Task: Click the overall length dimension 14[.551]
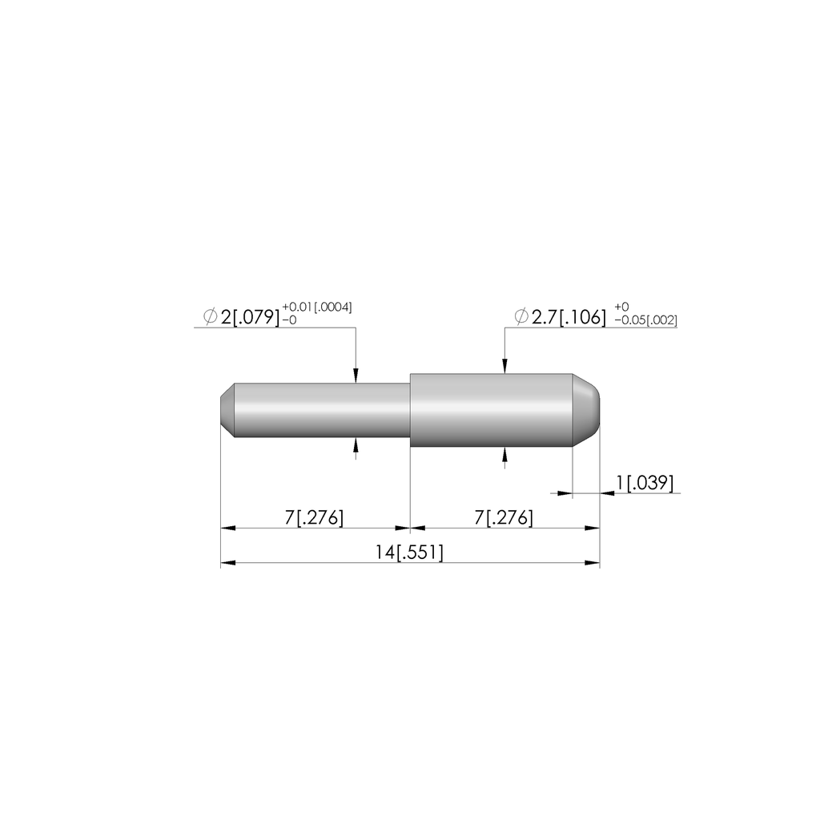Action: (409, 553)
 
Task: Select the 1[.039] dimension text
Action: (645, 483)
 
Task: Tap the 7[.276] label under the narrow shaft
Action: (314, 518)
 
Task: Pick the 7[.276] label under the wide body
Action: (504, 518)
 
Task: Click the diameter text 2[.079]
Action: (250, 317)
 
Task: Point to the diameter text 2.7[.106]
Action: (569, 317)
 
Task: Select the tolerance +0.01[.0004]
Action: (317, 307)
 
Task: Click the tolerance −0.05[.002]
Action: (645, 320)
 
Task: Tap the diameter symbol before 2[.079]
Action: (211, 317)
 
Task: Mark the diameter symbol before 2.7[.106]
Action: (521, 317)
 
